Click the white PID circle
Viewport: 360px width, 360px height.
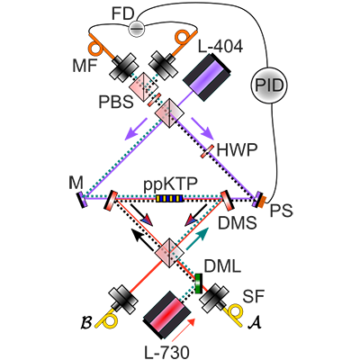click(271, 84)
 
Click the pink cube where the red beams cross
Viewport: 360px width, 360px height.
click(166, 255)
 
